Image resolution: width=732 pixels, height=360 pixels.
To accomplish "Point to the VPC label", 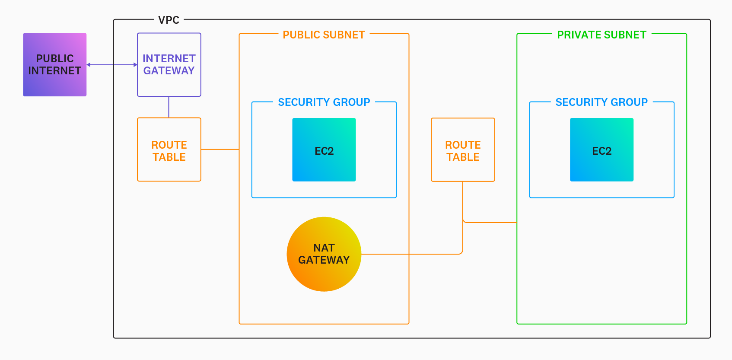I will click(x=169, y=20).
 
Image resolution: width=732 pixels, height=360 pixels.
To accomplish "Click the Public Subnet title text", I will click(x=324, y=35).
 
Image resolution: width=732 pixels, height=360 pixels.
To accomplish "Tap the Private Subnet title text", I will click(x=602, y=35).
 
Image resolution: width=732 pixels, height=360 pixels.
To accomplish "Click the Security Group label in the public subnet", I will click(x=324, y=102).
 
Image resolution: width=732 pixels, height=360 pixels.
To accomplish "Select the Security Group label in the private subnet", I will click(x=602, y=102).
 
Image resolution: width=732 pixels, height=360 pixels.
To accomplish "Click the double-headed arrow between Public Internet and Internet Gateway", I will click(x=112, y=65).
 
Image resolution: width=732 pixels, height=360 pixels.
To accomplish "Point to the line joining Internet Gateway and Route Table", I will click(x=169, y=107).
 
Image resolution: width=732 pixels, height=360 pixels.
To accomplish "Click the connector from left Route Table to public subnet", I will click(x=220, y=150).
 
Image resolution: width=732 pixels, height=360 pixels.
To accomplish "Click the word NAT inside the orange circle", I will click(x=324, y=248).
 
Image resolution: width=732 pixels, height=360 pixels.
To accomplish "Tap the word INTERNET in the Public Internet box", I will click(x=55, y=71).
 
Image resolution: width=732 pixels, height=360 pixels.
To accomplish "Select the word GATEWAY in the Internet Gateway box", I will click(x=169, y=71).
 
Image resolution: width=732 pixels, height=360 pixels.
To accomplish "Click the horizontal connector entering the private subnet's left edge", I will click(x=490, y=223).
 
